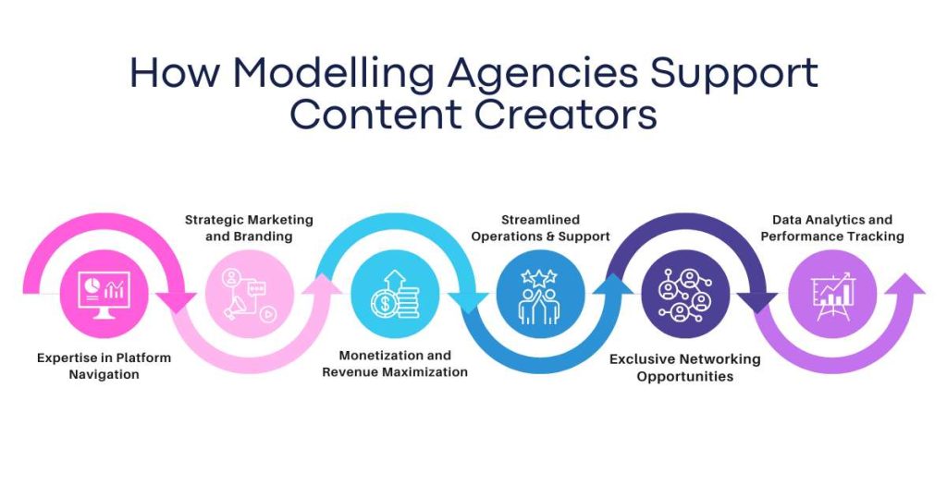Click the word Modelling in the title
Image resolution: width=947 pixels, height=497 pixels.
click(333, 74)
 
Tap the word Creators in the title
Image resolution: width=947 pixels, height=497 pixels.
click(566, 115)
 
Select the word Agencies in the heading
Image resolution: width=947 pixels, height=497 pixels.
click(542, 74)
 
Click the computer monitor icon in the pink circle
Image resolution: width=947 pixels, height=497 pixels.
click(104, 295)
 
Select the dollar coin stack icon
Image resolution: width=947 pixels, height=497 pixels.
click(395, 295)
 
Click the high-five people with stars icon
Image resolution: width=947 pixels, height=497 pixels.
click(540, 296)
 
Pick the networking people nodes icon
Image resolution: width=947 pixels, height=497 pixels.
click(685, 295)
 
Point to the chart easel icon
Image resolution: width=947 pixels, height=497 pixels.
click(832, 296)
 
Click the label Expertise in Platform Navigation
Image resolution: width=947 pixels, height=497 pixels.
click(104, 366)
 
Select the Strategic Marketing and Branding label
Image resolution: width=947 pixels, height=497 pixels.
click(249, 228)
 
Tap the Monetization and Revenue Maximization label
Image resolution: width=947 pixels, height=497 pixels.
click(395, 364)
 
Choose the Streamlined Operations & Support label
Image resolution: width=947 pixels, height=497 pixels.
click(540, 228)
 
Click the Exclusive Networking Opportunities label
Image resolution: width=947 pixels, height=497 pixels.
click(685, 368)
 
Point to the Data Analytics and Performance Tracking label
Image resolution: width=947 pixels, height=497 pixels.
click(832, 228)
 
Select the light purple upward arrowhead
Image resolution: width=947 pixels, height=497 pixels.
click(904, 284)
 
